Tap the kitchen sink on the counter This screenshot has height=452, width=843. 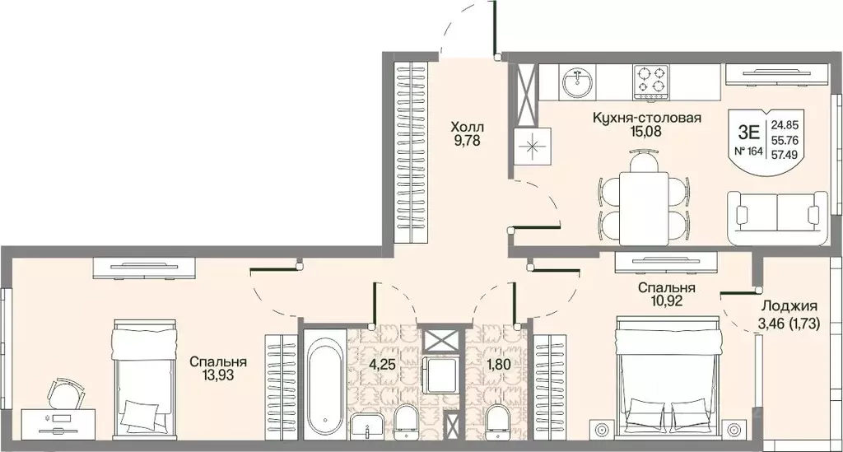[x=577, y=82]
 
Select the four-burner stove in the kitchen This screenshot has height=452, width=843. [x=650, y=82]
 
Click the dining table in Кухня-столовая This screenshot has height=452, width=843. [x=644, y=207]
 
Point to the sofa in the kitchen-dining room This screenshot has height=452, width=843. [x=777, y=217]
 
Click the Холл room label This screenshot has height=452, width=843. [x=468, y=128]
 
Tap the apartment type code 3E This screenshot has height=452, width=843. [x=749, y=132]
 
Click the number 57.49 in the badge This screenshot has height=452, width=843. [x=785, y=155]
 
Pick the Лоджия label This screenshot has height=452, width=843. [x=789, y=306]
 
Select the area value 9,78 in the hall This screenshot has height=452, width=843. [x=466, y=142]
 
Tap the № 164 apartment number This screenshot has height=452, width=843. [x=749, y=151]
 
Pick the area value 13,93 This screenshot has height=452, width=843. [x=218, y=375]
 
